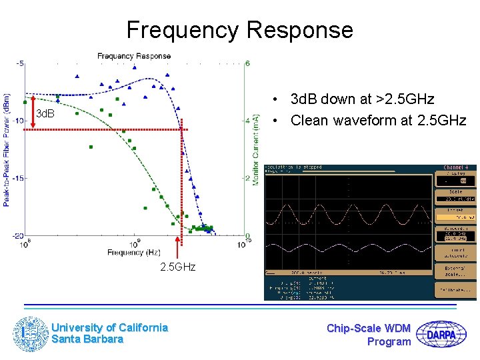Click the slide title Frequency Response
(239, 30)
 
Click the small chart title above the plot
(134, 56)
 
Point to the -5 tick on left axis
(20, 63)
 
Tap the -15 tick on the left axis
(19, 178)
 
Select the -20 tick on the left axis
(19, 235)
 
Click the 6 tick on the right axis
(248, 63)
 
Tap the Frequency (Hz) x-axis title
(134, 253)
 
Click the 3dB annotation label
(45, 114)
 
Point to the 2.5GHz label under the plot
(177, 267)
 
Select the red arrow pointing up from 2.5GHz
(177, 247)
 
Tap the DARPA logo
(442, 334)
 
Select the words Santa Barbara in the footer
(87, 339)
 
